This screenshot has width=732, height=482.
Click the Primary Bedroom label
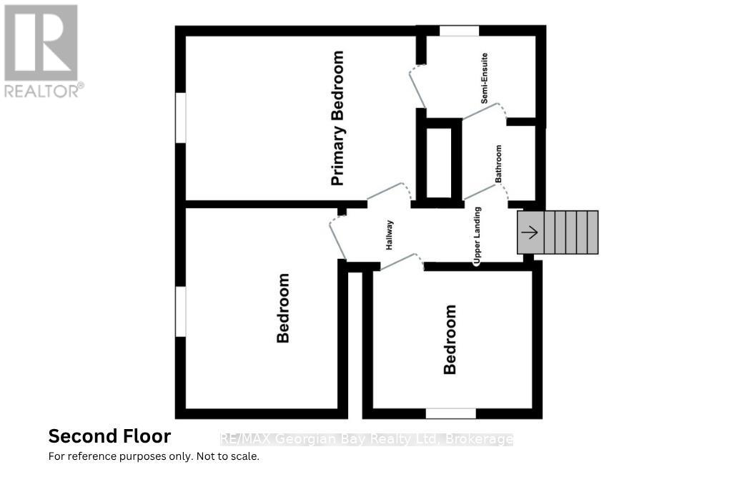pos(337,118)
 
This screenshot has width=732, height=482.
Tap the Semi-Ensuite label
pos(485,78)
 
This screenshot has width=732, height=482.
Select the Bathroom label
pos(498,164)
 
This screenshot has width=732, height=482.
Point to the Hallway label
pos(390,235)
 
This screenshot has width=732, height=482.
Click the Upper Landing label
pos(477,236)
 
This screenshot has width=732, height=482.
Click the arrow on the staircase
pos(531,232)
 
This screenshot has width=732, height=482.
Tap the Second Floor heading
pos(109,436)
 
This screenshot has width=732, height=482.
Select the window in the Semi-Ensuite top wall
pos(460,31)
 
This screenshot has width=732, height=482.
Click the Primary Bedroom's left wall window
pos(181,118)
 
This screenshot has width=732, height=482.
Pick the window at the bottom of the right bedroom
pos(451,414)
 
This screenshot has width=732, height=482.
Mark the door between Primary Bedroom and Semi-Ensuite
pos(417,87)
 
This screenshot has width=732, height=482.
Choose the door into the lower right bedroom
pos(402,262)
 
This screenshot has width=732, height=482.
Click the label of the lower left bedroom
pos(283,308)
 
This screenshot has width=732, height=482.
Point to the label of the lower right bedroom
pos(450,340)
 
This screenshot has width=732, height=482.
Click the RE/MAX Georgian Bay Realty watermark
pos(367,440)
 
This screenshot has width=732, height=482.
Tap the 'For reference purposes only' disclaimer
pos(154,456)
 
